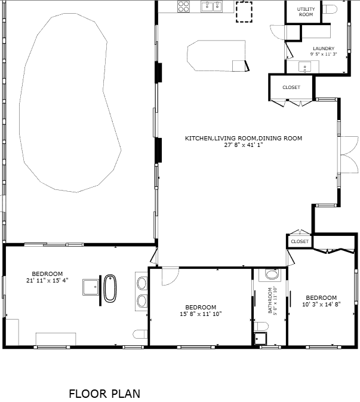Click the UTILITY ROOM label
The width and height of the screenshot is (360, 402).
(306, 12)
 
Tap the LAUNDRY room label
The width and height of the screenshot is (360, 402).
(324, 48)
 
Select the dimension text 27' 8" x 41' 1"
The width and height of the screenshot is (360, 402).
(244, 145)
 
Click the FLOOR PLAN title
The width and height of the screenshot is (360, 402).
(104, 394)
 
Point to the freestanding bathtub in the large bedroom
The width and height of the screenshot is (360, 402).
(110, 289)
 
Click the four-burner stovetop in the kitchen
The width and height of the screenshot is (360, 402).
(183, 7)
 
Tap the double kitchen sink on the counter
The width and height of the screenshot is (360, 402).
(212, 7)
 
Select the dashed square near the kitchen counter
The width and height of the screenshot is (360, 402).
(244, 12)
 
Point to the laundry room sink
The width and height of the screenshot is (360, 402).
(304, 67)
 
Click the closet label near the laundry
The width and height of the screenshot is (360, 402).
(291, 87)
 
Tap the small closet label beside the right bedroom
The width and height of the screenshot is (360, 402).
(300, 241)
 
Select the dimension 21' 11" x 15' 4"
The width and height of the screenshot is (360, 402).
(47, 281)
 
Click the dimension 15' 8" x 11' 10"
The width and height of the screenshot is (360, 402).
(201, 314)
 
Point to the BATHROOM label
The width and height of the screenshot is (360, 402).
(270, 300)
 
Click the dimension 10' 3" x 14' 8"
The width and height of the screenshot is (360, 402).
(321, 304)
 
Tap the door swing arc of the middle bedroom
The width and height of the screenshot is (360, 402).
(174, 281)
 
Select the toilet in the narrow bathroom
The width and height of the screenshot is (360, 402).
(261, 327)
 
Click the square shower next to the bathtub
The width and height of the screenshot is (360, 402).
(91, 287)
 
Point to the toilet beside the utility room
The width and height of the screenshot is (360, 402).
(330, 10)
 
